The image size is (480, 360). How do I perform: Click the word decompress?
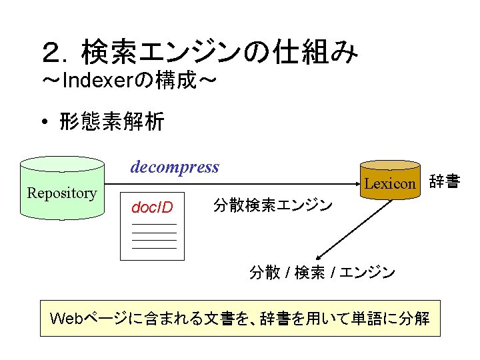pyautogui.click(x=175, y=167)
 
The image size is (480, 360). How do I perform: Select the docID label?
pyautogui.click(x=152, y=207)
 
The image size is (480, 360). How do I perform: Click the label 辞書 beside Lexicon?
pyautogui.click(x=444, y=181)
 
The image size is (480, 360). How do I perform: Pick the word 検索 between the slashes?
pyautogui.click(x=309, y=273)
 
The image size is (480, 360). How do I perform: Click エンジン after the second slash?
pyautogui.click(x=367, y=273)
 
